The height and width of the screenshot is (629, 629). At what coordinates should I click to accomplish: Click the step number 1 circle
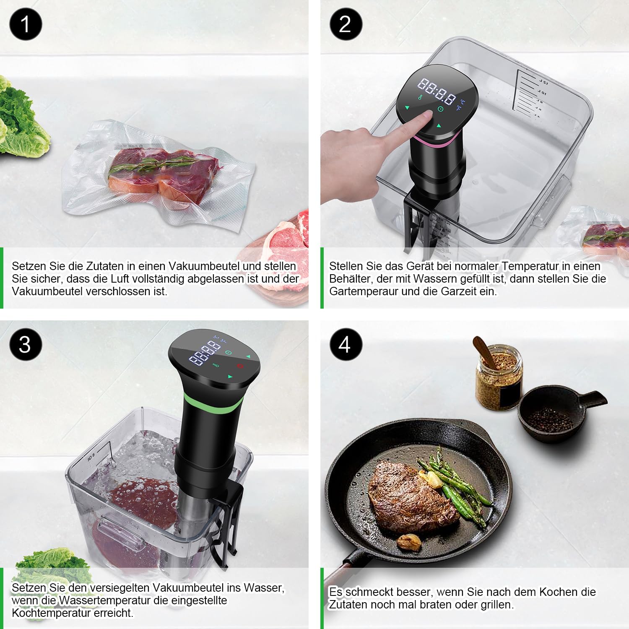coord(26,24)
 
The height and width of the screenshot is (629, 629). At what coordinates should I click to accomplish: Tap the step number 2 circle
coord(345,24)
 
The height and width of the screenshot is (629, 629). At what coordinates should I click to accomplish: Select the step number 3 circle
coord(26,344)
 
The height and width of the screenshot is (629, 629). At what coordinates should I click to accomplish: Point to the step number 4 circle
coord(345,344)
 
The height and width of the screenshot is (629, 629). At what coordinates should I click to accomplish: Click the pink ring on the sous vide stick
coord(436,142)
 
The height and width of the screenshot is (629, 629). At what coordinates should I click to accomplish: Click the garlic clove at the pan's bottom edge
coord(409,542)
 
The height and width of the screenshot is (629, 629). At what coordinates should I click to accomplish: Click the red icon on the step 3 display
coord(240,366)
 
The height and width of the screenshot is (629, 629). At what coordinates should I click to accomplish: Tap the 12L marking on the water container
coord(543,81)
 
